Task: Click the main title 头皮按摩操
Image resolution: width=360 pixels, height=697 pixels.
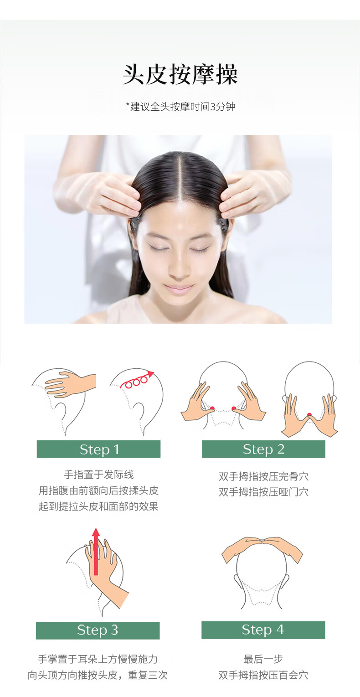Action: point(180,75)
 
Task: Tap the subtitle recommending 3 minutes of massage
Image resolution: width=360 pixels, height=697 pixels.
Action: point(180,107)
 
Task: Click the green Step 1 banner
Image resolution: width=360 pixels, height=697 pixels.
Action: point(98,449)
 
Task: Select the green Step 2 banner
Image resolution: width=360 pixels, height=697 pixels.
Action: point(263,449)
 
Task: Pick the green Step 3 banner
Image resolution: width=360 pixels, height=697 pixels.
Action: point(98,630)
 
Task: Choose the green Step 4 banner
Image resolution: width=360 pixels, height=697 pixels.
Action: point(263,630)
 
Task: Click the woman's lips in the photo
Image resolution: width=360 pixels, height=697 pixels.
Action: point(179,289)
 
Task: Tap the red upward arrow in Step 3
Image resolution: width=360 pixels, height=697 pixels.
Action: point(96,552)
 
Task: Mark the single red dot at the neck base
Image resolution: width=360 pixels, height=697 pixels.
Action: point(309,414)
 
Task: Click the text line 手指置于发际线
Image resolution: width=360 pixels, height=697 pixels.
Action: point(98,475)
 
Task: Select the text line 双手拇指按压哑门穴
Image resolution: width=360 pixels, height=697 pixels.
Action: point(263,492)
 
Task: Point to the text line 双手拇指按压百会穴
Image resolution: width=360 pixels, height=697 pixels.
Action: point(263,675)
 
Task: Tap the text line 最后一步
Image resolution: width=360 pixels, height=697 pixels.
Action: point(263,659)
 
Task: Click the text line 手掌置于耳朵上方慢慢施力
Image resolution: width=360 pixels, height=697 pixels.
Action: point(98,659)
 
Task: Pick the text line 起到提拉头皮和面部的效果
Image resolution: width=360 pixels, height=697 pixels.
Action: point(98,506)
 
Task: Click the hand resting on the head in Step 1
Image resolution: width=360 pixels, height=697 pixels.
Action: point(70,384)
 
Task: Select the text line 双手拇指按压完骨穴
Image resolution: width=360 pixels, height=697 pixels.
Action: point(263,476)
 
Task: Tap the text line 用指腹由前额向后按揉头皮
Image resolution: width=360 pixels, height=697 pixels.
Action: point(98,490)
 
